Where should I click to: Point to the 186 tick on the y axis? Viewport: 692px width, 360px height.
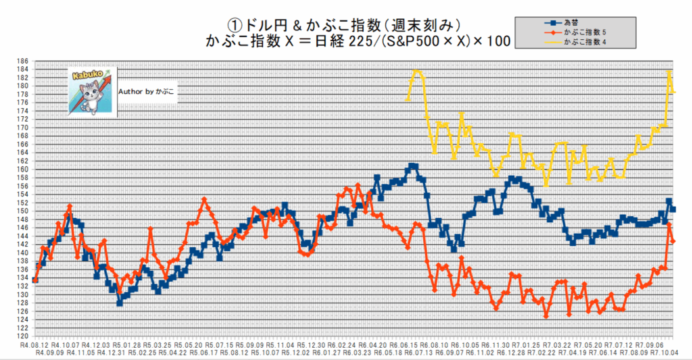pyautogui.click(x=23, y=61)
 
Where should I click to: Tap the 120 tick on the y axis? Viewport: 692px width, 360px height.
pyautogui.click(x=23, y=336)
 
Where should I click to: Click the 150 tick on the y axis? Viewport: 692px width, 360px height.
pyautogui.click(x=23, y=211)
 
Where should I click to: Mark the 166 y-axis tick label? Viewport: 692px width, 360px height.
pyautogui.click(x=23, y=144)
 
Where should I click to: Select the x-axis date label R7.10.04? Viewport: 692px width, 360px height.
pyautogui.click(x=666, y=353)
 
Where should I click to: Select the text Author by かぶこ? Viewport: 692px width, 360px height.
pyautogui.click(x=147, y=91)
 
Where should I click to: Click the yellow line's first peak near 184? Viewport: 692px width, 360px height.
pyautogui.click(x=416, y=70)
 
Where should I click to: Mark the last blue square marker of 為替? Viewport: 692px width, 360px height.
pyautogui.click(x=673, y=209)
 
